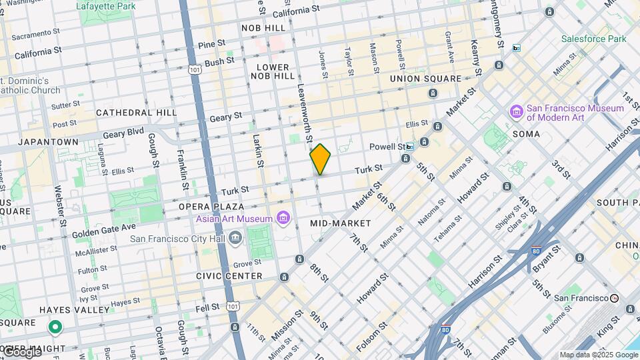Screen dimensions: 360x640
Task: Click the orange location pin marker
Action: pos(320,159)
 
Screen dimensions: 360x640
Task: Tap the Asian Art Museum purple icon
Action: pos(283,218)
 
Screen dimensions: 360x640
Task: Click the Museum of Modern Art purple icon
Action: pos(516,111)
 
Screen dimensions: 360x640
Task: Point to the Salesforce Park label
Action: pos(593,39)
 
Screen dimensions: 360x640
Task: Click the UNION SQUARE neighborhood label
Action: pos(425,79)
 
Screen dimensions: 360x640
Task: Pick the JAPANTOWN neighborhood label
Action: pos(48,142)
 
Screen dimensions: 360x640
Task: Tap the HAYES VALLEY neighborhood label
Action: pos(74,310)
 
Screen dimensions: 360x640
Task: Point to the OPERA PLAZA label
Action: pos(213,207)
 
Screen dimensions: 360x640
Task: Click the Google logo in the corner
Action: pos(21,351)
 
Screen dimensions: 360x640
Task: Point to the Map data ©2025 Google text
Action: pos(598,355)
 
